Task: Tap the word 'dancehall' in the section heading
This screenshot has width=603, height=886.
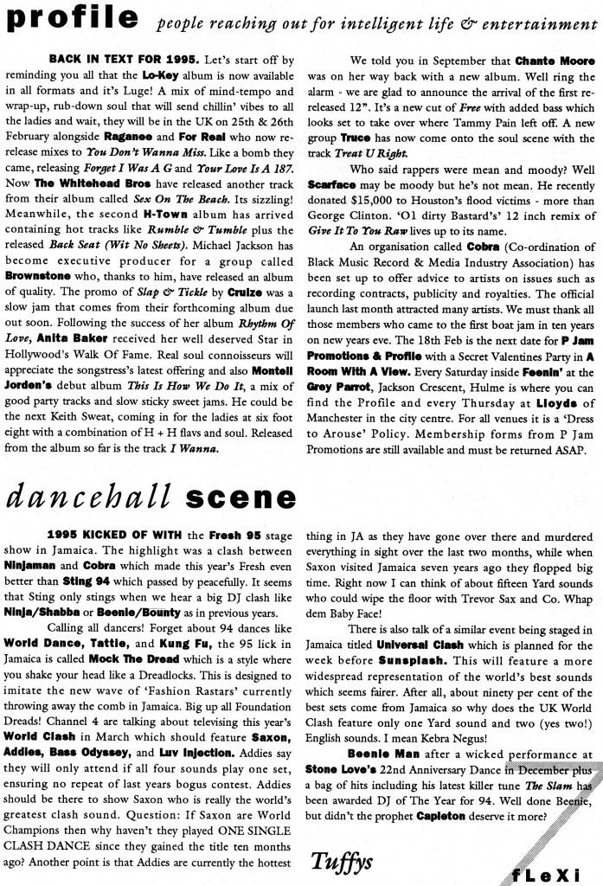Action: [x=90, y=499]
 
